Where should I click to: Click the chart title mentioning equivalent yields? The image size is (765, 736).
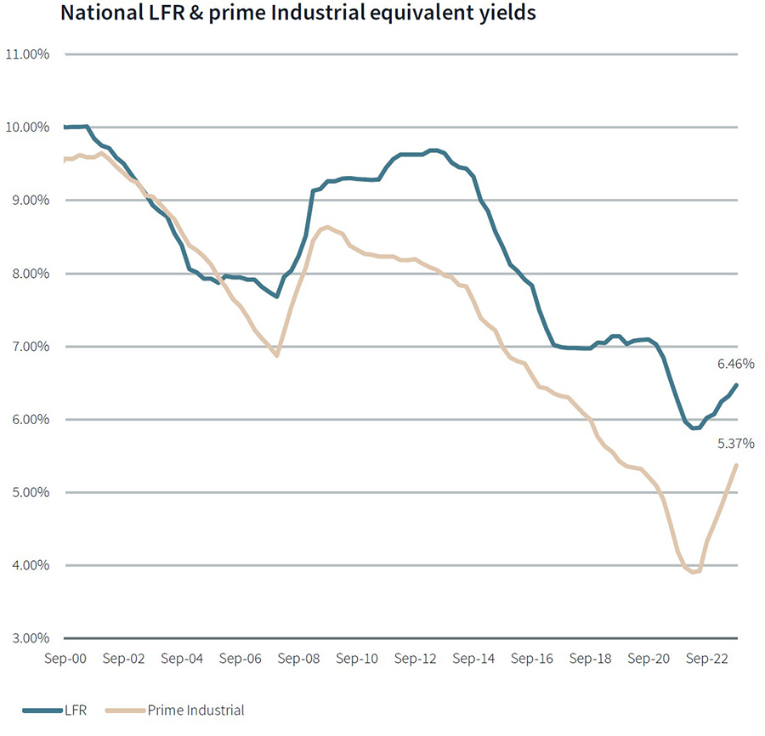pyautogui.click(x=297, y=14)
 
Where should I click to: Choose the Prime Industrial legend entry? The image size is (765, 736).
pyautogui.click(x=195, y=710)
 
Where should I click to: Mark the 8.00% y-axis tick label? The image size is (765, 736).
pyautogui.click(x=30, y=274)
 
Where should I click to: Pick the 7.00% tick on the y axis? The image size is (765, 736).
pyautogui.click(x=30, y=347)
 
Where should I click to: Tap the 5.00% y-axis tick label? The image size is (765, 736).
pyautogui.click(x=30, y=493)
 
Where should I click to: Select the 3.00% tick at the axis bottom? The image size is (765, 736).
pyautogui.click(x=30, y=638)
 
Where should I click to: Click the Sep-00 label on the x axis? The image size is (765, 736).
pyautogui.click(x=65, y=658)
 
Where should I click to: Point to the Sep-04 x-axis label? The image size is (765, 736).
pyautogui.click(x=182, y=658)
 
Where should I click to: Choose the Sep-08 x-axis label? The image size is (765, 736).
pyautogui.click(x=298, y=658)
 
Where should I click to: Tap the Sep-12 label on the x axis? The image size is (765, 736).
pyautogui.click(x=416, y=658)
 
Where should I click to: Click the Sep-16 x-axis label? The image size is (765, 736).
pyautogui.click(x=533, y=658)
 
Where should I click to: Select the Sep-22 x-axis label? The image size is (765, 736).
pyautogui.click(x=708, y=658)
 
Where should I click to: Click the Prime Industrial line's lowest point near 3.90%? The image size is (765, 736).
pyautogui.click(x=693, y=573)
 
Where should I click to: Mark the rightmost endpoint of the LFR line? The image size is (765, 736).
pyautogui.click(x=736, y=385)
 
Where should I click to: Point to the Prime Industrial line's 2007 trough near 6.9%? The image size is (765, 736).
pyautogui.click(x=277, y=355)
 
